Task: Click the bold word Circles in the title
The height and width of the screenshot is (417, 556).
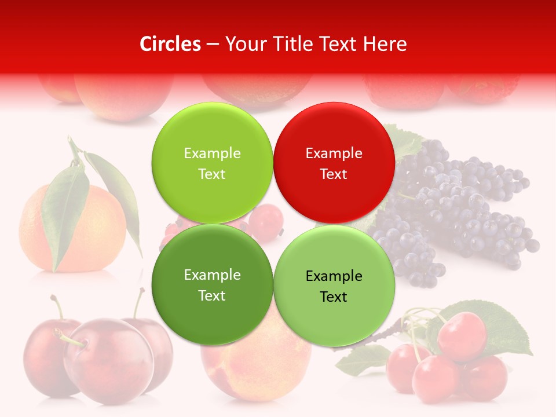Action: pos(170,44)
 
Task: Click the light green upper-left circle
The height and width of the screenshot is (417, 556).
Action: pos(212,163)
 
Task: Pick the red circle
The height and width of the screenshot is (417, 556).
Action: pos(334,163)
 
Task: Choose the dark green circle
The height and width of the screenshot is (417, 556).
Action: pos(212,284)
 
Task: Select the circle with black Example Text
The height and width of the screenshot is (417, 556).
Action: pos(334,286)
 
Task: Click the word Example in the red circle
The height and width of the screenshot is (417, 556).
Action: pos(334,153)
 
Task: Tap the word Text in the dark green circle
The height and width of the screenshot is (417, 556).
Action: pos(212,295)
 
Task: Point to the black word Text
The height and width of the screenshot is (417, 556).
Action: pos(334,297)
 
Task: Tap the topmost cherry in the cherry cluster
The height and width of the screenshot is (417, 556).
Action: pos(462,335)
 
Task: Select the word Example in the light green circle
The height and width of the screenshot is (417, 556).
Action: pos(212,153)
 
